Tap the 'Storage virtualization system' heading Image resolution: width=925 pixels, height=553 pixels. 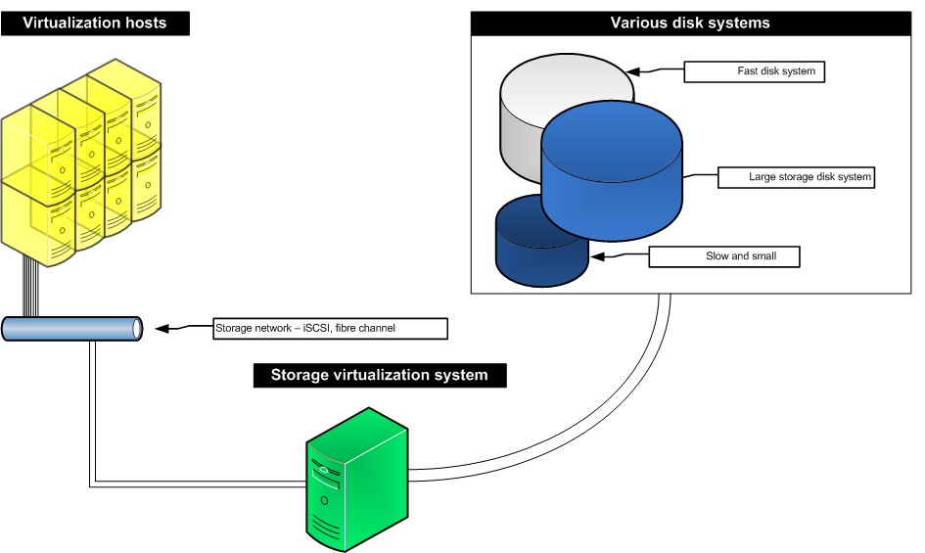point(379,375)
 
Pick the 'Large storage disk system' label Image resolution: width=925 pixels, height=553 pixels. point(796,177)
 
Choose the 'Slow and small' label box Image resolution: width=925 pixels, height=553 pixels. point(725,256)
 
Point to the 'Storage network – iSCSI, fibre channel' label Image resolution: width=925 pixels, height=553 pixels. point(330,329)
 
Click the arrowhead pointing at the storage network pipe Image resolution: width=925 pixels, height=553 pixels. point(164,329)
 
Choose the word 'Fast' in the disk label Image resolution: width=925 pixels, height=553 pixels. point(747,71)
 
